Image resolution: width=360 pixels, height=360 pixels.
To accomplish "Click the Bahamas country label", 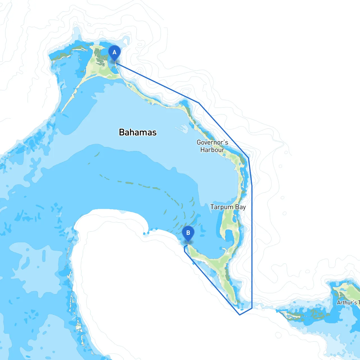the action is (x=138, y=132).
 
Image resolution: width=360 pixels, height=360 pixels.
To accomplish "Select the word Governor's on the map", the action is (x=212, y=142).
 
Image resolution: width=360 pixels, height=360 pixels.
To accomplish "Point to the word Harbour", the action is (x=212, y=150).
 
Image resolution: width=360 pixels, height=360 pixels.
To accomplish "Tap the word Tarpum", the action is (x=222, y=207).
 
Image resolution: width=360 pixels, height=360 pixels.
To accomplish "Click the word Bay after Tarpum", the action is (x=240, y=207).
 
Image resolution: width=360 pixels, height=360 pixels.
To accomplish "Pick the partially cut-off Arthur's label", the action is (x=348, y=303).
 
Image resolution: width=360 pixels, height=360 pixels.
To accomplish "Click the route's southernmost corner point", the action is (x=239, y=315).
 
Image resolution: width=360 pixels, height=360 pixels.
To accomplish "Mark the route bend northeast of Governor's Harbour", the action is (x=248, y=158).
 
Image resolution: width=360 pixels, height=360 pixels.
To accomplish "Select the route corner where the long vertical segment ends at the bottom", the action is (x=252, y=308).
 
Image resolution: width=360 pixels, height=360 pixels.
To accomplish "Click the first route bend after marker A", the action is (x=199, y=103).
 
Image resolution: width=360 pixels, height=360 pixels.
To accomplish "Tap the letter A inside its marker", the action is (x=114, y=52).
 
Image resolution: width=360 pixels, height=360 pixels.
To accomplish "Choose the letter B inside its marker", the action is (x=188, y=233).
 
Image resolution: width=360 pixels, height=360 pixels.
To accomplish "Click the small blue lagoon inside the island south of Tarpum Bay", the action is (x=229, y=235).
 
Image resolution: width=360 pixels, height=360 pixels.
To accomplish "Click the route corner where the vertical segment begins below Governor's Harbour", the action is (x=252, y=186).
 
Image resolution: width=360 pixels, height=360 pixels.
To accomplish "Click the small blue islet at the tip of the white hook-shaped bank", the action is (x=145, y=233).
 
